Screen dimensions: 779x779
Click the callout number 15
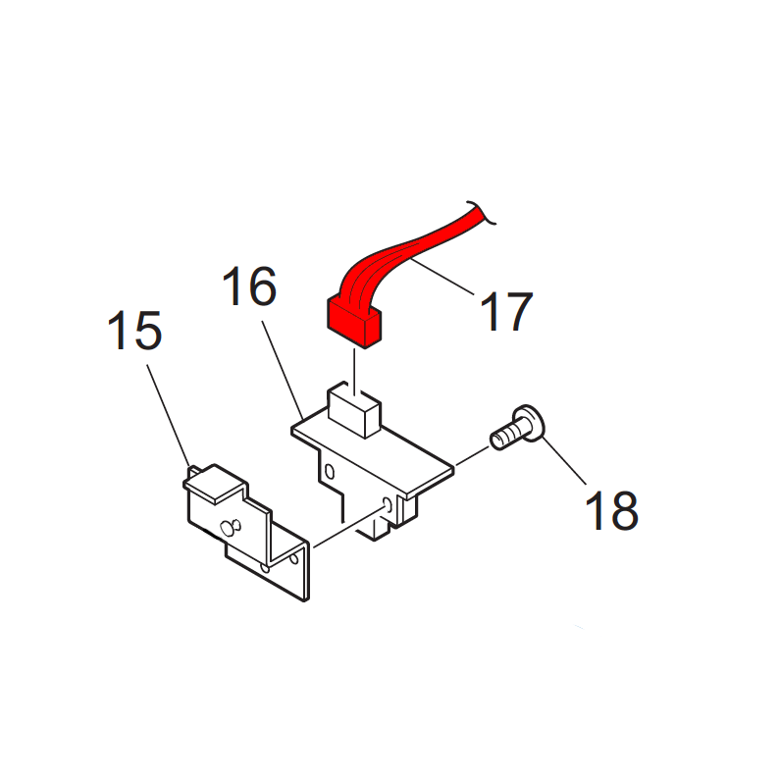(x=135, y=331)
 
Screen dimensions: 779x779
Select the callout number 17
(x=506, y=311)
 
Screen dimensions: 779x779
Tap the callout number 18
(x=611, y=510)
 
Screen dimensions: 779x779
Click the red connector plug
(x=354, y=322)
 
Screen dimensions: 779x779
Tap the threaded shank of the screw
(x=504, y=438)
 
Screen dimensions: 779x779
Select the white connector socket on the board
(x=354, y=410)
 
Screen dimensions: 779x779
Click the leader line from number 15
(x=168, y=415)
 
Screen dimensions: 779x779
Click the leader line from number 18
(x=564, y=460)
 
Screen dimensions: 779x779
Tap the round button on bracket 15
(x=230, y=528)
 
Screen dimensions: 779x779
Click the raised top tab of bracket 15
(x=215, y=482)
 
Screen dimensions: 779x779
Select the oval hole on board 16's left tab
(x=329, y=471)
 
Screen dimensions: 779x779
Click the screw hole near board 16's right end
(x=388, y=505)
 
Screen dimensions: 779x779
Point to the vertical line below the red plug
(x=354, y=372)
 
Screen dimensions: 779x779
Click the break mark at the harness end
(x=481, y=212)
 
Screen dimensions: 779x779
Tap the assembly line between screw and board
(x=472, y=456)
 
